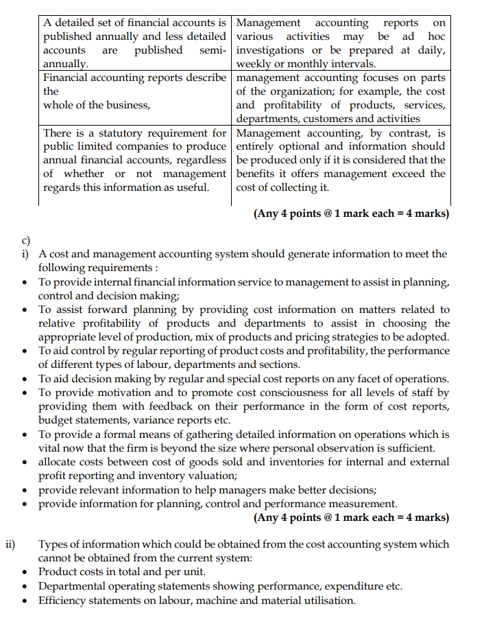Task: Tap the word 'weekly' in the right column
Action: coord(254,64)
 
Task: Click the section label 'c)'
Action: coord(26,241)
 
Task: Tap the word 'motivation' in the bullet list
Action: coord(123,393)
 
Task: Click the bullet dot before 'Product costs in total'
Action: coord(25,572)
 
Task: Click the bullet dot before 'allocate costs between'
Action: coord(25,462)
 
